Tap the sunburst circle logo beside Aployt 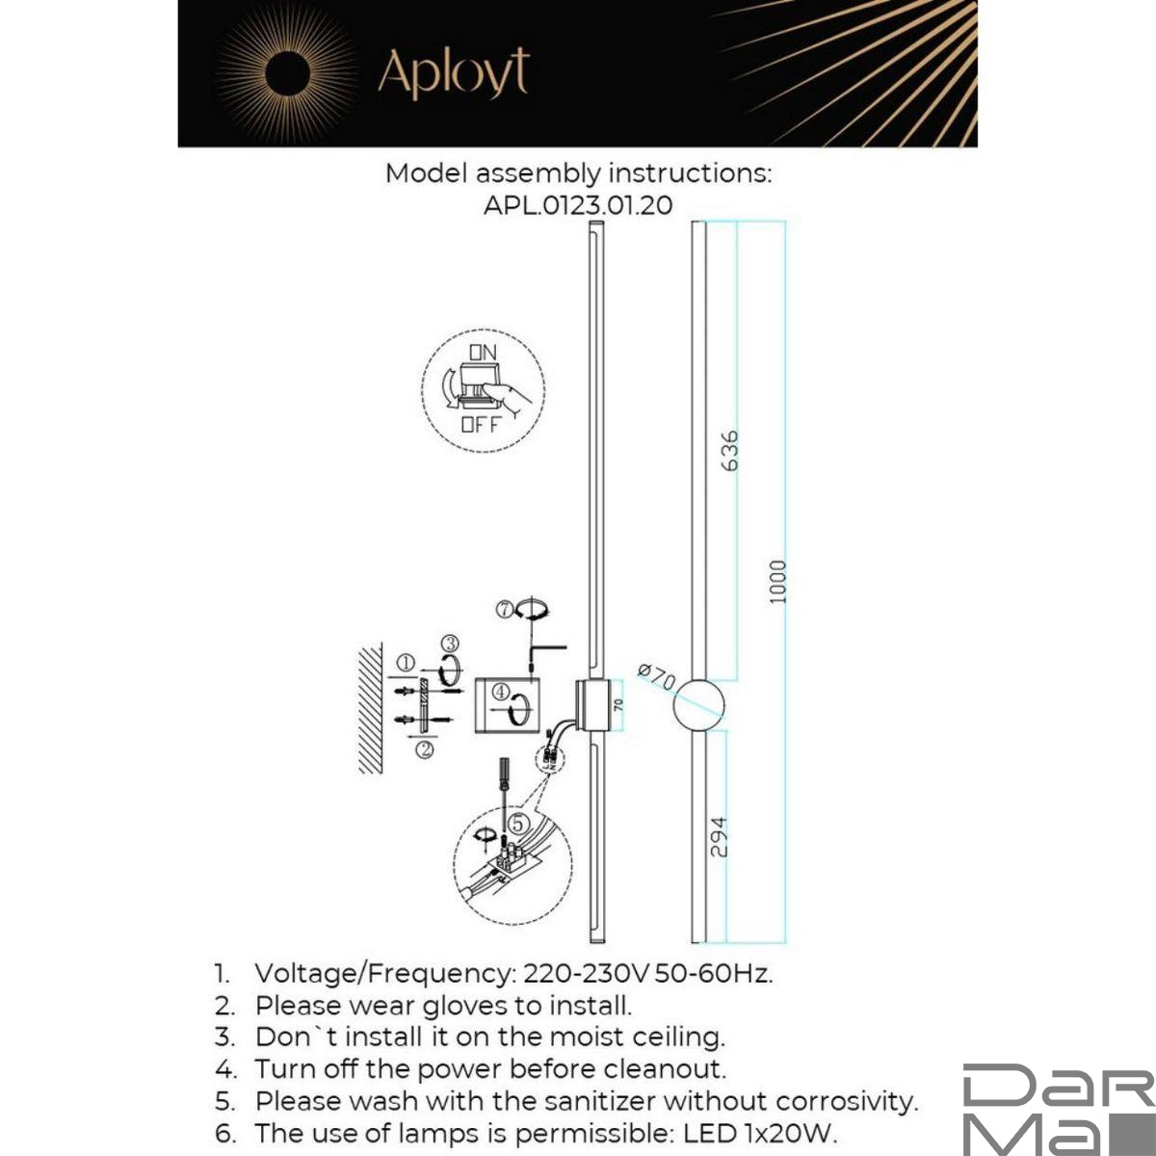pyautogui.click(x=285, y=74)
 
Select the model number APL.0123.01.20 pyautogui.click(x=578, y=204)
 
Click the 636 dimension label pyautogui.click(x=729, y=450)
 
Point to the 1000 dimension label pyautogui.click(x=778, y=582)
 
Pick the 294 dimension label pyautogui.click(x=718, y=836)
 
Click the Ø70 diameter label pyautogui.click(x=658, y=675)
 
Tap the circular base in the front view pyautogui.click(x=698, y=705)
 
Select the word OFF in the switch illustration pyautogui.click(x=481, y=424)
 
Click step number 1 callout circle pyautogui.click(x=406, y=663)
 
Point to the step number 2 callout pyautogui.click(x=423, y=749)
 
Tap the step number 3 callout pyautogui.click(x=450, y=644)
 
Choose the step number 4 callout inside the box pyautogui.click(x=500, y=691)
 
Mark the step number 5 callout pyautogui.click(x=518, y=823)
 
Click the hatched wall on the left pyautogui.click(x=371, y=709)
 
